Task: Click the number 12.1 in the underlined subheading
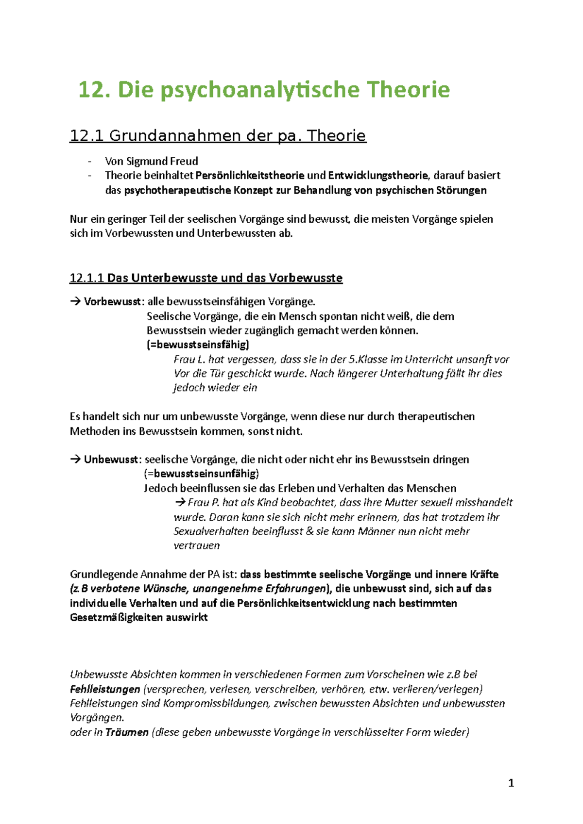(87, 135)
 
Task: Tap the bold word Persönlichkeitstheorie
(250, 175)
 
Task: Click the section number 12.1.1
(87, 278)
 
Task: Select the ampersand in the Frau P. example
(310, 531)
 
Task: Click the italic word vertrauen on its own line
(196, 545)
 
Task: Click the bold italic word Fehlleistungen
(105, 689)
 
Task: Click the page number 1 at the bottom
(511, 783)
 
